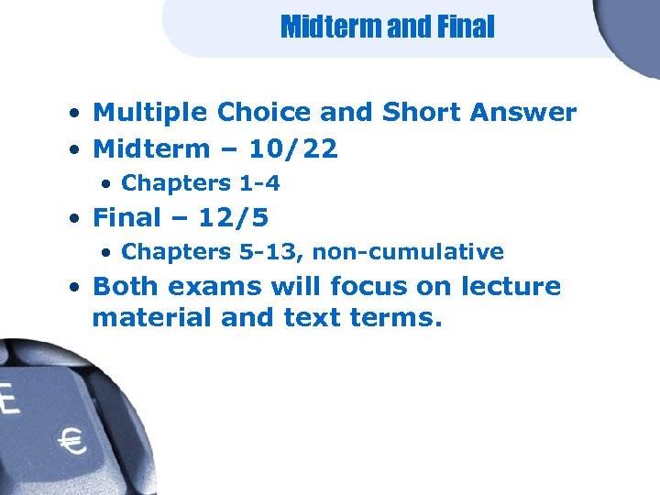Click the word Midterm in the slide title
pyautogui.click(x=332, y=27)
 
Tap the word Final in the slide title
pyautogui.click(x=466, y=27)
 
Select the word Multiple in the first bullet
pyautogui.click(x=151, y=113)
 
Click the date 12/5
pyautogui.click(x=238, y=217)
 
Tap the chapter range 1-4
pyautogui.click(x=259, y=183)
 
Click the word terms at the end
pyautogui.click(x=396, y=320)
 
